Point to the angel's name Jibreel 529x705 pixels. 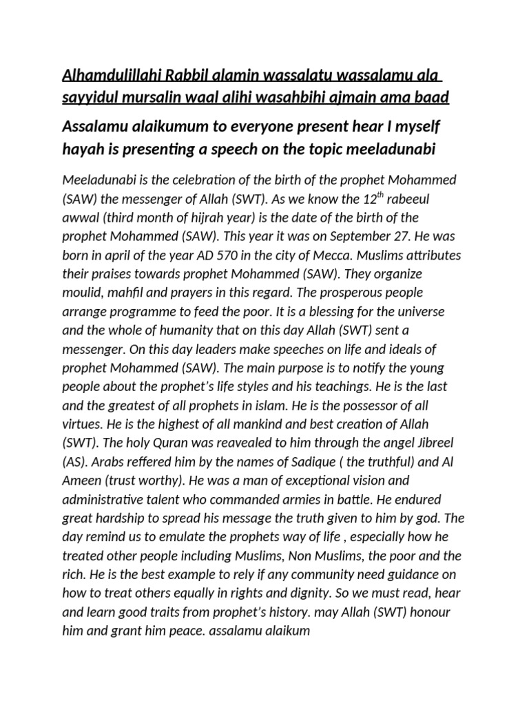point(429,441)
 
